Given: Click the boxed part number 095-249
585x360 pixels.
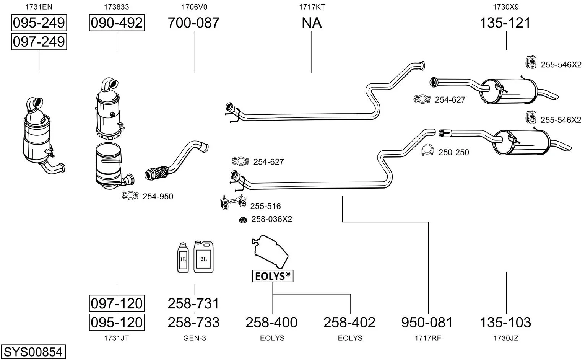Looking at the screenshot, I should click(x=39, y=23).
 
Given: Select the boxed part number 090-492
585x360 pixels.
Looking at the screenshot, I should click(x=117, y=23).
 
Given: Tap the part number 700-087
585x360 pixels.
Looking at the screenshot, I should click(x=194, y=23).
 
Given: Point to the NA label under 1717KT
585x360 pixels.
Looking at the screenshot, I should click(x=312, y=23).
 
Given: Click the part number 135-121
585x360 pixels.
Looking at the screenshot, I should click(x=505, y=23).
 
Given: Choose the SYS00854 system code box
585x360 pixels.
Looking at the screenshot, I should click(x=33, y=351).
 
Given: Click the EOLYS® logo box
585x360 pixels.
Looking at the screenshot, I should click(x=273, y=276).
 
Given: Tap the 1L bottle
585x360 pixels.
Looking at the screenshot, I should click(x=183, y=258).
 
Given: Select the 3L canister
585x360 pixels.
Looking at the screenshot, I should click(x=203, y=257).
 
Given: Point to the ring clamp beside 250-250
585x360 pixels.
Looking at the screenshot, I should click(x=428, y=150).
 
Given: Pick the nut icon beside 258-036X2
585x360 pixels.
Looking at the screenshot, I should click(x=242, y=220).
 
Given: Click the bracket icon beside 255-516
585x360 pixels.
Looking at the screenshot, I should click(x=232, y=203).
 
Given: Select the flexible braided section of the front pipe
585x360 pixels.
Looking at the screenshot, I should click(x=156, y=173).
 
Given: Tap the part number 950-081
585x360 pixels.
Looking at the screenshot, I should click(x=427, y=323).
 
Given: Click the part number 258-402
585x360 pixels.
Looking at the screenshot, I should click(x=349, y=323).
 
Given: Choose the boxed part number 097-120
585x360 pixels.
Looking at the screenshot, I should click(x=117, y=303).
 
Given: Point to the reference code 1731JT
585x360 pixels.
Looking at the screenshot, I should click(x=116, y=338).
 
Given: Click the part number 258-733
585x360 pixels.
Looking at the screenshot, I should click(x=194, y=323).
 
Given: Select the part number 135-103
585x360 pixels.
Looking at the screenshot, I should click(x=505, y=323).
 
